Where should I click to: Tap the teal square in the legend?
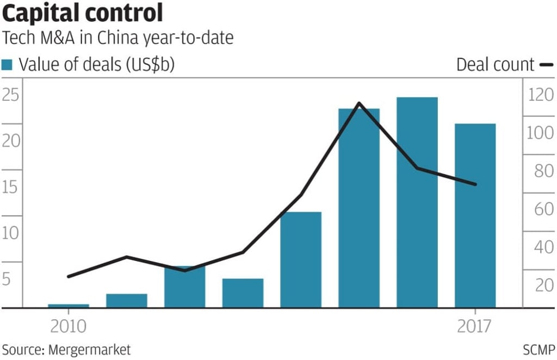[x=7, y=65]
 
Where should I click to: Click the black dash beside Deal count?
[x=546, y=65]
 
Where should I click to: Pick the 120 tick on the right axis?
[x=539, y=96]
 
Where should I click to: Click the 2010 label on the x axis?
[x=69, y=327]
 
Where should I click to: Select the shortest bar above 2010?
[x=69, y=306]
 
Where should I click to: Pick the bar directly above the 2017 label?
[x=475, y=215]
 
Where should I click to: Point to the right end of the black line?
[x=475, y=184]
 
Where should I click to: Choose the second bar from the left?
[x=127, y=301]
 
